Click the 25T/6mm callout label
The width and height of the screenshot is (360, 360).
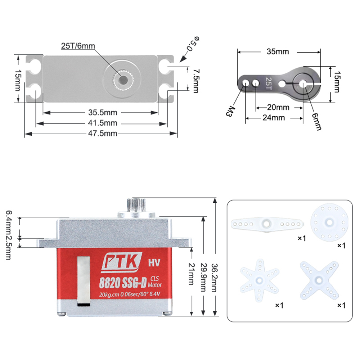point(78,46)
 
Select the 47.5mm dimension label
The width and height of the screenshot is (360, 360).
point(103,134)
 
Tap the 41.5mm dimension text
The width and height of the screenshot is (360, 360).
point(103,123)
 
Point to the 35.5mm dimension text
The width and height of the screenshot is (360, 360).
point(103,112)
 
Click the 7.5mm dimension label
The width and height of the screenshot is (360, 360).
point(196,81)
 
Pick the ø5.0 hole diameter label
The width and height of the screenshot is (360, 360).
point(193,44)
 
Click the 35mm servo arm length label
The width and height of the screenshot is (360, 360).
point(278,51)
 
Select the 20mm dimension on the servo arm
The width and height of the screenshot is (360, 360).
point(278,107)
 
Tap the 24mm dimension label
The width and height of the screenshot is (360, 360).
point(274,118)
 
